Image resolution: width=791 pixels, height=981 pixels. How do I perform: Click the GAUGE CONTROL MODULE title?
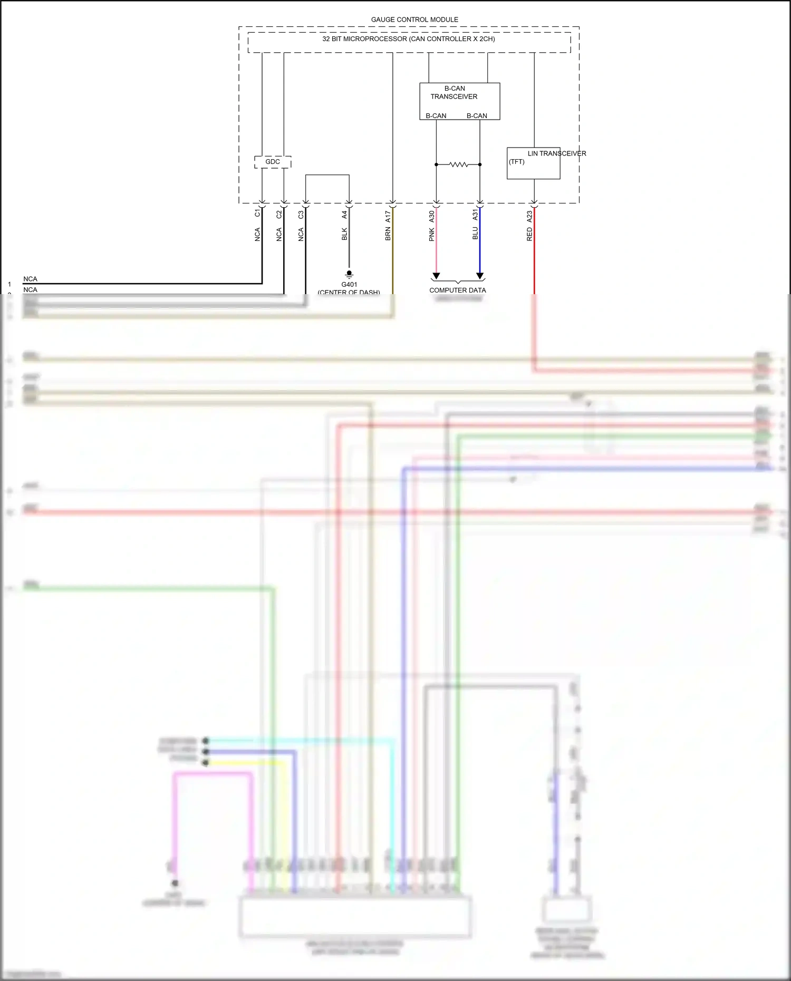(x=414, y=20)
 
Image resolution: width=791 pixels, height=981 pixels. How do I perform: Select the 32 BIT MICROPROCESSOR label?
(x=408, y=39)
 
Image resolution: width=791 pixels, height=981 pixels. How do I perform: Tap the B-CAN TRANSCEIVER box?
(x=459, y=101)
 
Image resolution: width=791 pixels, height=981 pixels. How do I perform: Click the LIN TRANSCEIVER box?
(x=533, y=163)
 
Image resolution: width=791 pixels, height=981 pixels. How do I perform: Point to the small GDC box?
(x=273, y=162)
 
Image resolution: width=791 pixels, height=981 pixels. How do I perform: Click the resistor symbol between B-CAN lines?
(x=458, y=164)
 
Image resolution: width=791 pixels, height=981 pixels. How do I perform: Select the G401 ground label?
(x=349, y=285)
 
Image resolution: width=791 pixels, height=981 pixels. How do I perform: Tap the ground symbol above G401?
(x=349, y=274)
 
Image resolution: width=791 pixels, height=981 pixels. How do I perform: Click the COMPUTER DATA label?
(x=457, y=290)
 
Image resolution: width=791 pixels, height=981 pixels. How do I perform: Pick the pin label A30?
(x=431, y=216)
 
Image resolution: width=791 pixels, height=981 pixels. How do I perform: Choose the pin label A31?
(x=475, y=215)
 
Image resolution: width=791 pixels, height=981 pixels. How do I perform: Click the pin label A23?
(x=529, y=216)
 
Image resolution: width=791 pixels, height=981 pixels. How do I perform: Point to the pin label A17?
(x=388, y=216)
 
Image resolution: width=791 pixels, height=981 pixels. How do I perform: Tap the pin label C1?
(x=257, y=213)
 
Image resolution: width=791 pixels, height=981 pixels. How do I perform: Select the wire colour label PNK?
(x=431, y=235)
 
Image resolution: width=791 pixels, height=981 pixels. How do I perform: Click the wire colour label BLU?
(x=475, y=234)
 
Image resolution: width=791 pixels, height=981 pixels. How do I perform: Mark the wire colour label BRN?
(x=388, y=234)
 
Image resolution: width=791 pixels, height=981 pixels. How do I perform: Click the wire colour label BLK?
(x=344, y=234)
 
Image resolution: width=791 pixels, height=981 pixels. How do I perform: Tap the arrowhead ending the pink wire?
(x=436, y=276)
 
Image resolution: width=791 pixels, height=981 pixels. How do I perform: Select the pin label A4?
(x=344, y=215)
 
